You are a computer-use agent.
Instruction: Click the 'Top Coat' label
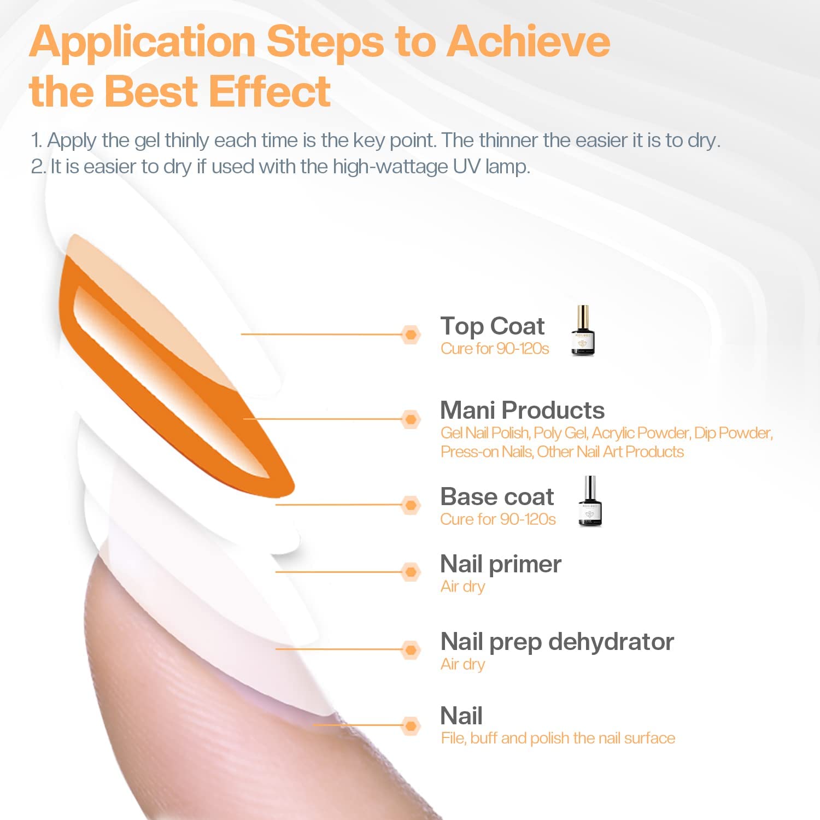tap(493, 326)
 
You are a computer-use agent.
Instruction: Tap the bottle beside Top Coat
tap(583, 331)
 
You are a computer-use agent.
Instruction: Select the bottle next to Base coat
tap(590, 501)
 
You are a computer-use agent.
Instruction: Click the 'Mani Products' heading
tap(523, 410)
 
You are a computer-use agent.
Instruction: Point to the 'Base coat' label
tap(497, 496)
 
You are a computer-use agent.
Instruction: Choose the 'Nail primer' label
tap(501, 565)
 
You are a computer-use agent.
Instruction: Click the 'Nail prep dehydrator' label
tap(557, 642)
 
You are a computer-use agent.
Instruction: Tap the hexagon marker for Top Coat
tap(411, 335)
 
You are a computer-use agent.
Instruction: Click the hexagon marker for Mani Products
tap(411, 419)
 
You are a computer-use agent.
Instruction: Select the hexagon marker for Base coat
tap(411, 505)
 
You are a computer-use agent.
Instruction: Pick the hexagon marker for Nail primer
tap(411, 572)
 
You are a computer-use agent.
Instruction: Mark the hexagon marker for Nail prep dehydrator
tap(411, 650)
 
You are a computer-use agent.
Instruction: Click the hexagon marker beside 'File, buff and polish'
tap(411, 726)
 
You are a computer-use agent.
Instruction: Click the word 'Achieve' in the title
tap(529, 42)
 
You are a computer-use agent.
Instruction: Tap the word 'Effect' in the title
tap(270, 91)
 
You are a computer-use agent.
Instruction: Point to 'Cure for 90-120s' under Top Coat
tap(495, 349)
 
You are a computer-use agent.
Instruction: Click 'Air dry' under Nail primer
tap(462, 587)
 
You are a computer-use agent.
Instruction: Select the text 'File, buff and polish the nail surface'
tap(558, 739)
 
